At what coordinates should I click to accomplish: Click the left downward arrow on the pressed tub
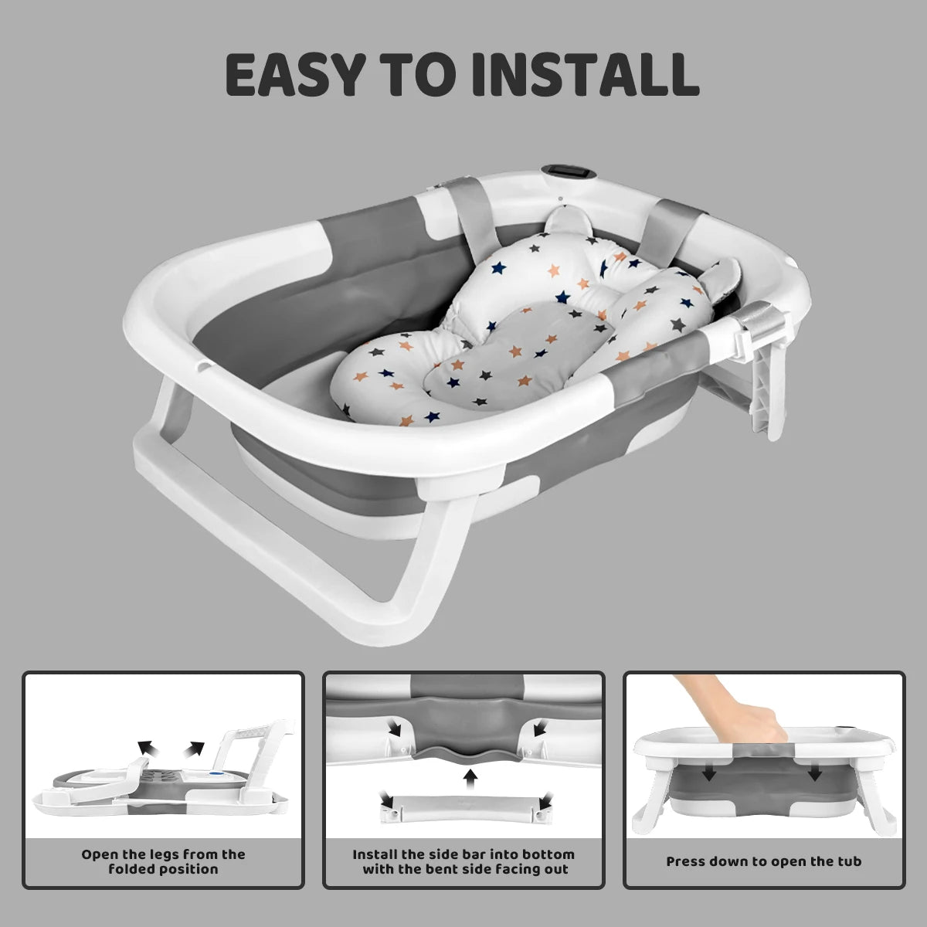pyautogui.click(x=709, y=774)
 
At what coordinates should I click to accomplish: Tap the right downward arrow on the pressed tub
pyautogui.click(x=814, y=774)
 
